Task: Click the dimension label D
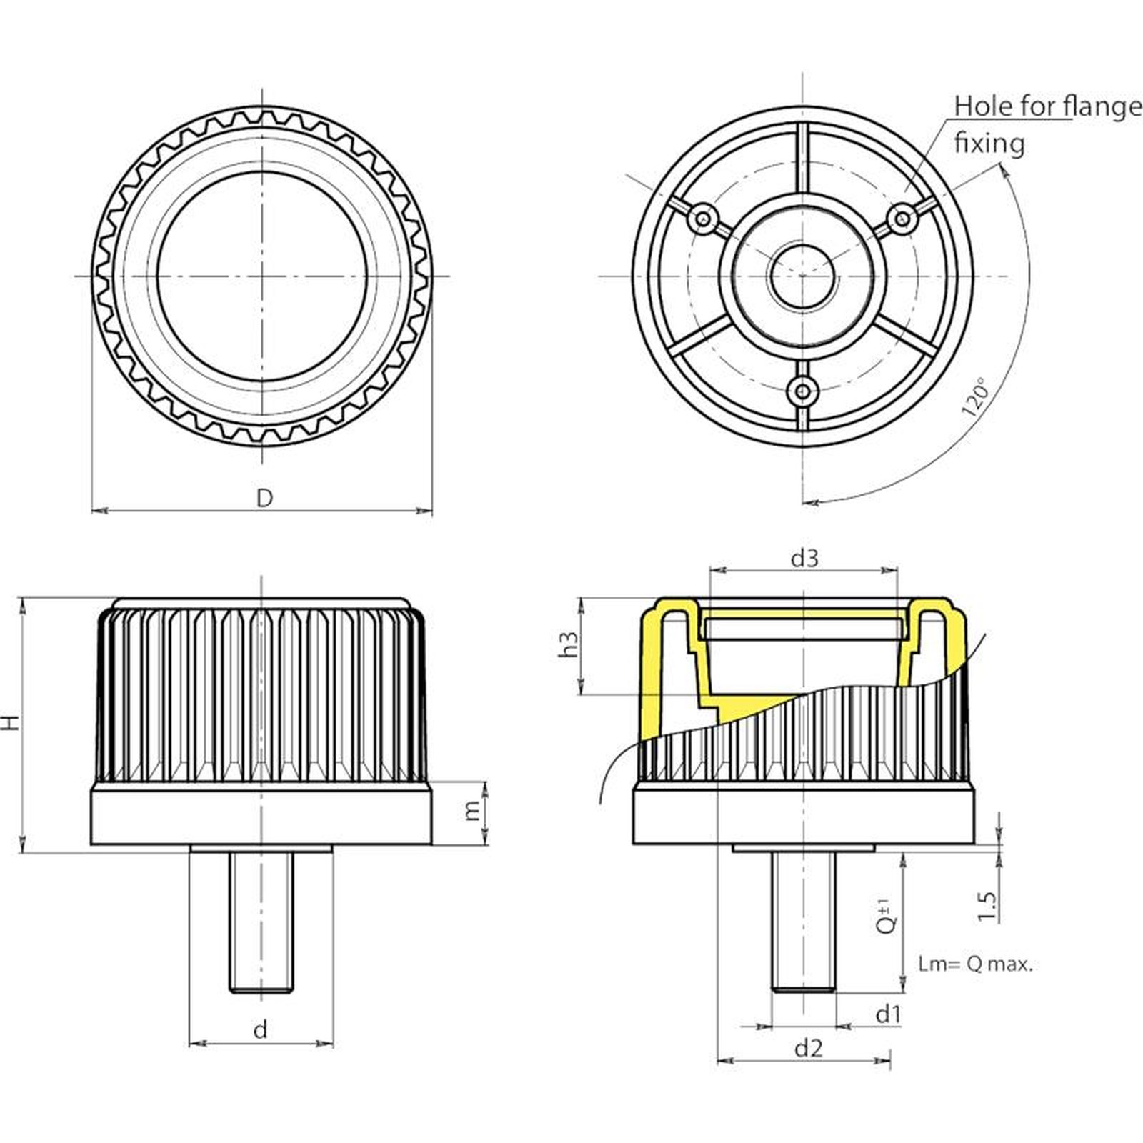(264, 498)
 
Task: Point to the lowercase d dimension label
(261, 1029)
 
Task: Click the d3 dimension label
(804, 558)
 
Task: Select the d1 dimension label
(888, 1014)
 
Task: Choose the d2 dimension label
(808, 1048)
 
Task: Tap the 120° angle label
(977, 397)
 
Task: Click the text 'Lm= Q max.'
(976, 964)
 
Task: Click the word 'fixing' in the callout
(989, 144)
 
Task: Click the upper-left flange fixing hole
(704, 217)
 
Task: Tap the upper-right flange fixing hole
(904, 217)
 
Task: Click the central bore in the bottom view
(803, 276)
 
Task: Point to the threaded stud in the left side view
(261, 922)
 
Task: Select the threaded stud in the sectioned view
(804, 922)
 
